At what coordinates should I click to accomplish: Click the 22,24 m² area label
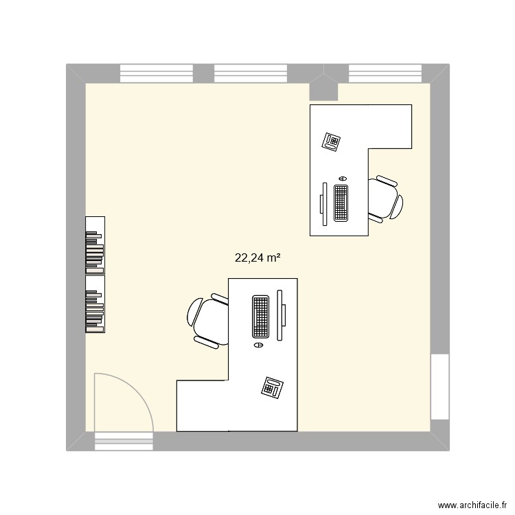258,258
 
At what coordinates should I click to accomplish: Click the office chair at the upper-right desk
385,199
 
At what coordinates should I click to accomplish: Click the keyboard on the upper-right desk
341,203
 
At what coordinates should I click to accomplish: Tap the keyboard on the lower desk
260,316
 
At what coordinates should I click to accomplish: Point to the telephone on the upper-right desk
332,141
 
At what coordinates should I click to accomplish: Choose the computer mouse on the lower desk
258,345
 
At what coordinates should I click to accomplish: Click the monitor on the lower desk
280,316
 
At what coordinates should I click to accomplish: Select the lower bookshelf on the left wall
95,304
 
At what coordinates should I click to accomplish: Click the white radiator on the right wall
439,386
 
